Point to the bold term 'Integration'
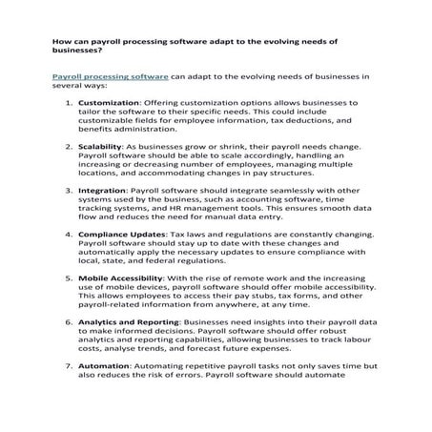106,190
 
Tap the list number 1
67,102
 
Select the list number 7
67,366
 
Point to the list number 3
67,190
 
